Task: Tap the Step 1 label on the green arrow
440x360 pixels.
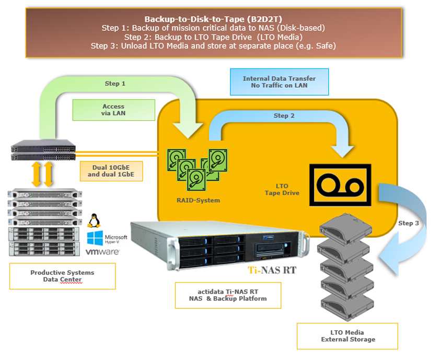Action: (x=115, y=83)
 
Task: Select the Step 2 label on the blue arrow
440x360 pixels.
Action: (x=284, y=115)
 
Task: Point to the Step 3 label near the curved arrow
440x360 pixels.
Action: (x=409, y=223)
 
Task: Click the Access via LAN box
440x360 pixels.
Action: (x=113, y=110)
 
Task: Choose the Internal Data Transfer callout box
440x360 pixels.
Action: (x=279, y=82)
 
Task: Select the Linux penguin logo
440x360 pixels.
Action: (x=95, y=221)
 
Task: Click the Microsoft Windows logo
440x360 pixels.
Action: (x=96, y=239)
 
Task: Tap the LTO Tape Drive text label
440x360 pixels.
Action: (x=281, y=189)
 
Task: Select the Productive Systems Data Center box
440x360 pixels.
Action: (x=62, y=276)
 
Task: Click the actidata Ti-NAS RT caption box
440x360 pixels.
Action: (x=228, y=295)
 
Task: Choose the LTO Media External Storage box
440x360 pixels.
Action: (x=348, y=336)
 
